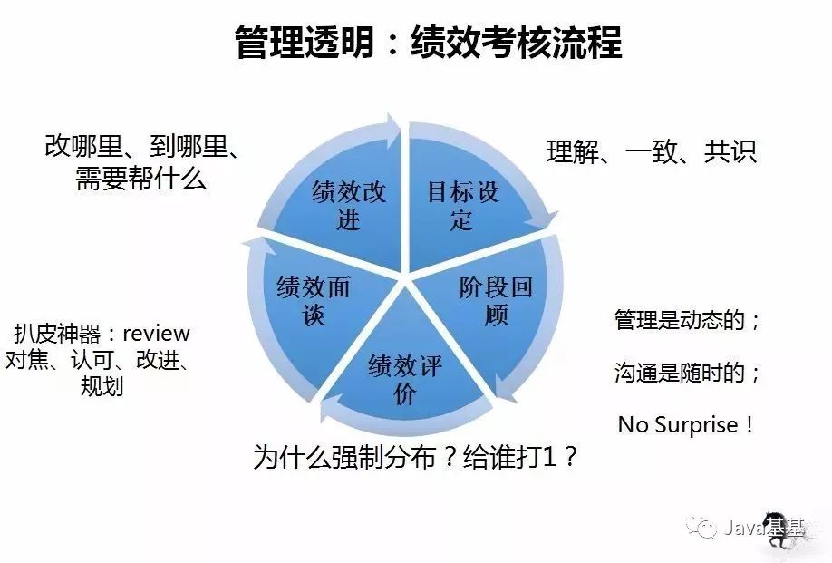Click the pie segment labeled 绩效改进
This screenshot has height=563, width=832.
(349, 205)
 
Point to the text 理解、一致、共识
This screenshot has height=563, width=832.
(651, 151)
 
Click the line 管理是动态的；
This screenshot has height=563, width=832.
(687, 320)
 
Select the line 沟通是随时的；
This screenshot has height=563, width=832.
(687, 372)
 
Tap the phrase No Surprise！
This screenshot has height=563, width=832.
(685, 424)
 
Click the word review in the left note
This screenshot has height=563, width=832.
(156, 334)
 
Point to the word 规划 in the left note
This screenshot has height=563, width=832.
(102, 387)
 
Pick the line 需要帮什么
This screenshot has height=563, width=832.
(140, 179)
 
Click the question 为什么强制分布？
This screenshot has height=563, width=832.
(354, 457)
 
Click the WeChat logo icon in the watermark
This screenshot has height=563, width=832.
(701, 528)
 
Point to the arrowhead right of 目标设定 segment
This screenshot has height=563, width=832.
(549, 222)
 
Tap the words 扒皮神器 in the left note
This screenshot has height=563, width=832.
(55, 334)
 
